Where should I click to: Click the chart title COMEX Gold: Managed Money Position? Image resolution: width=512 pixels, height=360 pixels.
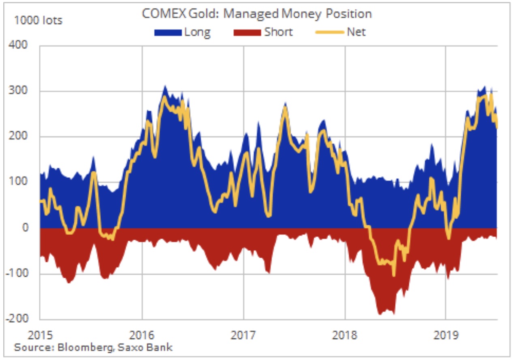pos(256,14)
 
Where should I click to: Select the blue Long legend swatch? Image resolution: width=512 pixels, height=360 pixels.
pos(168,32)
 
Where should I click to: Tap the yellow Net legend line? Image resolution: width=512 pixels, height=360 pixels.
pos(330,32)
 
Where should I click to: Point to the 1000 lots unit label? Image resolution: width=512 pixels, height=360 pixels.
pos(38,20)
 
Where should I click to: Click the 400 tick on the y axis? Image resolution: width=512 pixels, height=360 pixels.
pos(19,45)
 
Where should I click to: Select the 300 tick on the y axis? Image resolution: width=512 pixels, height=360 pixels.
pos(19,91)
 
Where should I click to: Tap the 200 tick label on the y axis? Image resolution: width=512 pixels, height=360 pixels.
pos(19,137)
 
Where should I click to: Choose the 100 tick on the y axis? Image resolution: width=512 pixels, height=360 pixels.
pos(19,182)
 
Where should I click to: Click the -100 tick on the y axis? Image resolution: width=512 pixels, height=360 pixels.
pos(17,274)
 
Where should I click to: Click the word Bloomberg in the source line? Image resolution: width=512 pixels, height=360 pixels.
pos(81,348)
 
